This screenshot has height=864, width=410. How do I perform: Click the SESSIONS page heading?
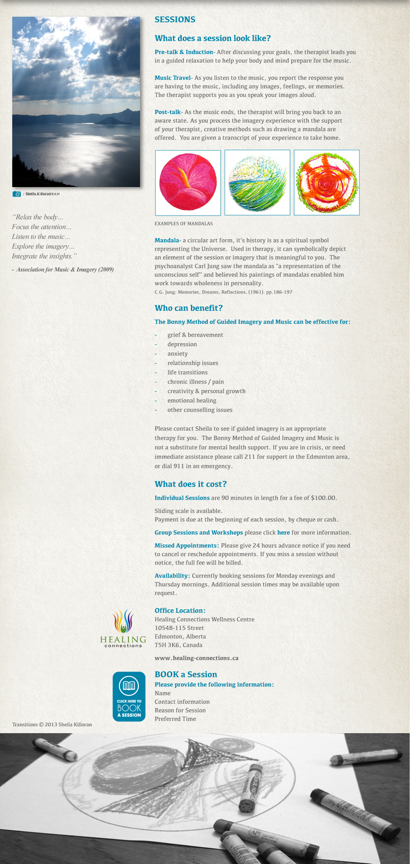[x=175, y=20]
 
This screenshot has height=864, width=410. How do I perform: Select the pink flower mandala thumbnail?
[x=188, y=183]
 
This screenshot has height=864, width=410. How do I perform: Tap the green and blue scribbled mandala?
[x=257, y=183]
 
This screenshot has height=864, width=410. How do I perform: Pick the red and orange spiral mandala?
[x=326, y=183]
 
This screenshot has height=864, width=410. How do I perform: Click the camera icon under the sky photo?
[x=17, y=194]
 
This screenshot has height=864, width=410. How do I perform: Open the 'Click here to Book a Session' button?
[x=129, y=696]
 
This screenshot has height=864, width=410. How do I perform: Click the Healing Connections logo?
[x=123, y=628]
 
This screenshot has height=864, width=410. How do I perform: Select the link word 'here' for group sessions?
[x=284, y=533]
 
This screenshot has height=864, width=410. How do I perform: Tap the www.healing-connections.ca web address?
[x=196, y=658]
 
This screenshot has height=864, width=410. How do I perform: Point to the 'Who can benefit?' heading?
[x=188, y=308]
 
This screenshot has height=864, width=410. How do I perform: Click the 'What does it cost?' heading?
[x=191, y=484]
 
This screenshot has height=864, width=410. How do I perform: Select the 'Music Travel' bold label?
[x=173, y=78]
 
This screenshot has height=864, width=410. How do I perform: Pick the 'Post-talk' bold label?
[x=168, y=112]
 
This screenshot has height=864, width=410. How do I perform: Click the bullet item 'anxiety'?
[x=177, y=354]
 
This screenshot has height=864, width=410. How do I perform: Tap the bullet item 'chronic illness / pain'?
[x=195, y=382]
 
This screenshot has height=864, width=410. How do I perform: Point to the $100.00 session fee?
[x=323, y=498]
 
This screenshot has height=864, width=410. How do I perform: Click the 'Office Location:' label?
[x=180, y=611]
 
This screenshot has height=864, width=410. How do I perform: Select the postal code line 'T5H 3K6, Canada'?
[x=178, y=645]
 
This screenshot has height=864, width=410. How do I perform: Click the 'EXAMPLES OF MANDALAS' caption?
[x=184, y=224]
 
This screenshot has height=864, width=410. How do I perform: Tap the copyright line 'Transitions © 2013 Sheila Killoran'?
[x=52, y=725]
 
